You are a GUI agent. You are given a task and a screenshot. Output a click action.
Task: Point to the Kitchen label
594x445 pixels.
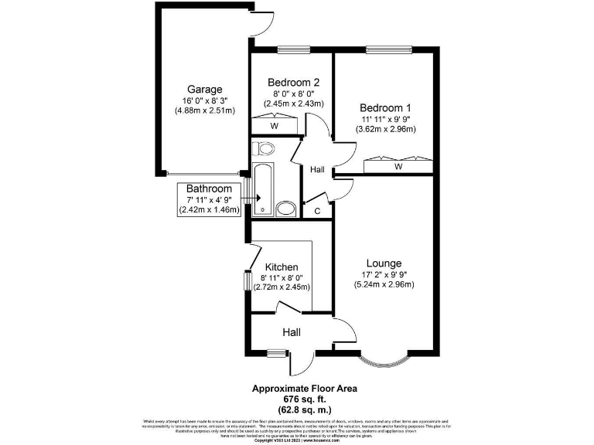(282, 267)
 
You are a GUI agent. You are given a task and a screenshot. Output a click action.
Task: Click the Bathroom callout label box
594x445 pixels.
(209, 199)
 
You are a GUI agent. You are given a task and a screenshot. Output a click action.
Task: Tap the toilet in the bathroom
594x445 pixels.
(265, 148)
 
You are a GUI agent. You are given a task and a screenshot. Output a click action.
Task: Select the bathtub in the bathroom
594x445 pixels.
(261, 188)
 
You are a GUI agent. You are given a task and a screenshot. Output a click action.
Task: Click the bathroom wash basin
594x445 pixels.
(285, 208)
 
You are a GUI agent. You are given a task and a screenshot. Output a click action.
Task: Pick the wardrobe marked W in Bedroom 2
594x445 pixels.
(274, 125)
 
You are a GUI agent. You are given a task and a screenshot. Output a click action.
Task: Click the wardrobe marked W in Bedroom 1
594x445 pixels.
(398, 165)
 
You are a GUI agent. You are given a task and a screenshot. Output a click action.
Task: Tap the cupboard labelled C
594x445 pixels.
(317, 210)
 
